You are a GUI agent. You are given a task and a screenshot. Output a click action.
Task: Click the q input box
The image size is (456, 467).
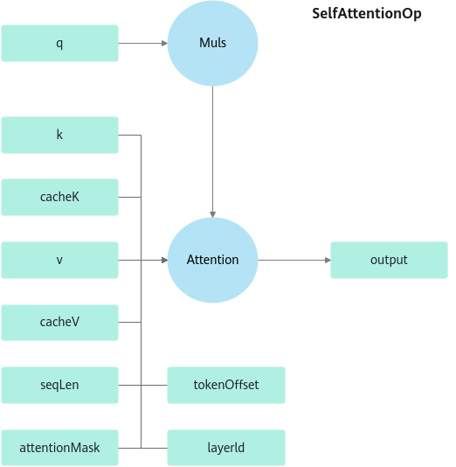(59, 43)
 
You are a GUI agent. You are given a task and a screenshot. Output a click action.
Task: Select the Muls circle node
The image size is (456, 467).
(212, 43)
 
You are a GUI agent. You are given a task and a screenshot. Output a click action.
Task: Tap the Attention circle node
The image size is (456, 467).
(212, 260)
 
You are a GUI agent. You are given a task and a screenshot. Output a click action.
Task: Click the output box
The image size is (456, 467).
(389, 260)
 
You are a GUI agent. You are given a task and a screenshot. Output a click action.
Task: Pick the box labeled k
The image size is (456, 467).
(59, 135)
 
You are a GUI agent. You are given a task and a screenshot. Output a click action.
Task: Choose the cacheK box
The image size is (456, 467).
(59, 197)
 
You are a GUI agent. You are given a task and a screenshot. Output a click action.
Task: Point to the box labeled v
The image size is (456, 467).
(59, 260)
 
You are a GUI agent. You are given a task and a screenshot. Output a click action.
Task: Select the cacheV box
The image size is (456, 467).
(59, 322)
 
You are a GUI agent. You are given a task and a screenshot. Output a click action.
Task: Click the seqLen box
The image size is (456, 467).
(59, 385)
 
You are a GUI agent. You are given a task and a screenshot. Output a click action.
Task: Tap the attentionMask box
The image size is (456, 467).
(59, 448)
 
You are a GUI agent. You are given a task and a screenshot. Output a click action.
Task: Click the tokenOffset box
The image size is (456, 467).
(226, 385)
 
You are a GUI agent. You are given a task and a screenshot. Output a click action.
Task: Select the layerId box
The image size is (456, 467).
(226, 448)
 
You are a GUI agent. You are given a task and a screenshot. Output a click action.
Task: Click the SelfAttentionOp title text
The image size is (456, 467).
(367, 14)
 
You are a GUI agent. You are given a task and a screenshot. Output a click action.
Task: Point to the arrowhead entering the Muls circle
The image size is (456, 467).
(164, 43)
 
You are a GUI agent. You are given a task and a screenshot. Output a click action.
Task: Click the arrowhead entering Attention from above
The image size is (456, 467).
(212, 214)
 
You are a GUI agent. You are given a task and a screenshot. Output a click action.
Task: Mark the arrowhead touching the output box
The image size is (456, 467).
(328, 260)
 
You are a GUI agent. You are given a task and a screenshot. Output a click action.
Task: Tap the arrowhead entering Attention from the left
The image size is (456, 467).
(164, 260)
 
